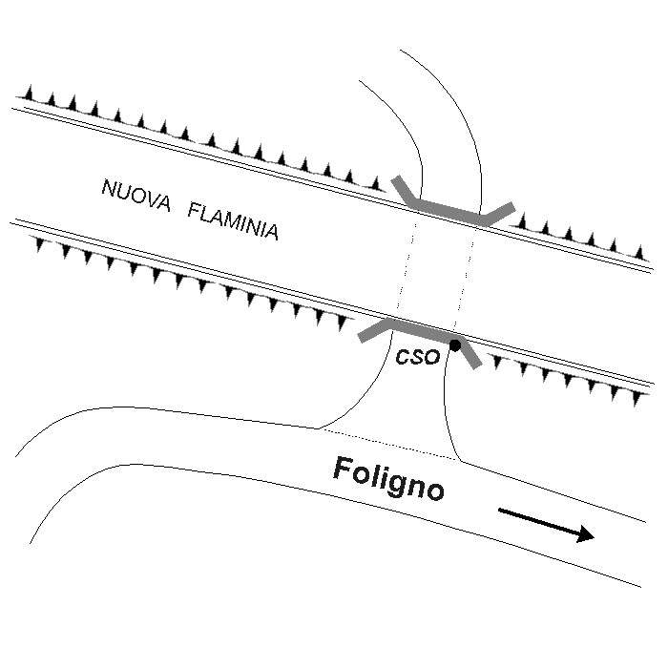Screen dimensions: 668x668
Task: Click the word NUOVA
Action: [x=136, y=195]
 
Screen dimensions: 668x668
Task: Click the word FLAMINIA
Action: [x=233, y=221]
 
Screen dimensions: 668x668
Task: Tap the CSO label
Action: [x=417, y=357]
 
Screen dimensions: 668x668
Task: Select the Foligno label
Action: [x=388, y=478]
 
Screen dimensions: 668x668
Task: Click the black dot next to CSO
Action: [x=455, y=345]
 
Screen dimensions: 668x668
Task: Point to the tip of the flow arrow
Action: [x=595, y=537]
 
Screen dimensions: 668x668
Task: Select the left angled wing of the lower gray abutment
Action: [x=374, y=330]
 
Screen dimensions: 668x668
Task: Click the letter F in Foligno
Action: [x=343, y=469]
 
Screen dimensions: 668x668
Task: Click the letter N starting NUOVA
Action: [x=110, y=188]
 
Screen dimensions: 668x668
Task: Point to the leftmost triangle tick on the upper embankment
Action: [x=29, y=93]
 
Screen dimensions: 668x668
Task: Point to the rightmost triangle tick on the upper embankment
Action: [x=639, y=253]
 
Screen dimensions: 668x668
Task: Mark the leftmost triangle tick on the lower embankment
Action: [x=40, y=243]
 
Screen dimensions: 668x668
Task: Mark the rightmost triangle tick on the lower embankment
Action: [x=637, y=398]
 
